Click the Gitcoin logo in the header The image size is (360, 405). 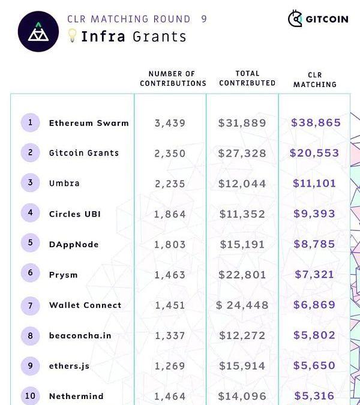click(317, 19)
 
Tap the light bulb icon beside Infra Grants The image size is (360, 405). click(72, 36)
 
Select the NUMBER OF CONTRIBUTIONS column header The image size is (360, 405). click(173, 79)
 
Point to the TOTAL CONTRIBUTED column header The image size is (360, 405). click(247, 79)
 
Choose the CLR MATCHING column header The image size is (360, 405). click(314, 80)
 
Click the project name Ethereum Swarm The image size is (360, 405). click(89, 123)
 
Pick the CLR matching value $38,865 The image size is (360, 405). click(316, 122)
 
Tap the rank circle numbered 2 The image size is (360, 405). click(30, 153)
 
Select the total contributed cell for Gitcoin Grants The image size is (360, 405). click(242, 154)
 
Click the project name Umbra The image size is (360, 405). click(64, 183)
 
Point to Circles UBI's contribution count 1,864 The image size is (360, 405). click(170, 214)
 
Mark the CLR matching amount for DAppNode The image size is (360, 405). click(314, 244)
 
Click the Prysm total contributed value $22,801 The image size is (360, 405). click(242, 275)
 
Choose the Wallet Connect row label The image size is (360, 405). click(85, 305)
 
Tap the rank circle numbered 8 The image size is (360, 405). click(30, 335)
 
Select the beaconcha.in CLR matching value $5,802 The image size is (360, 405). click(314, 335)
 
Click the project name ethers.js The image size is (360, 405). click(69, 366)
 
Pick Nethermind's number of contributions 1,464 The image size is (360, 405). click(170, 397)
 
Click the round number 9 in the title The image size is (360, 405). click(204, 19)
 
